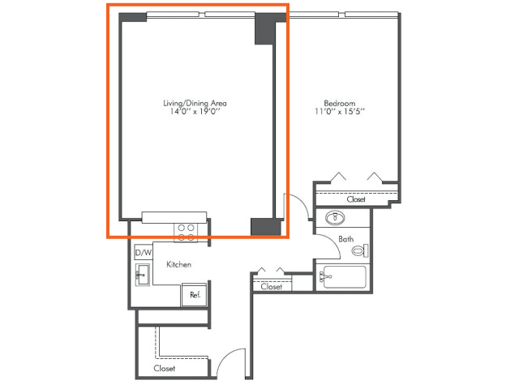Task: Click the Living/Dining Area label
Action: pos(195,103)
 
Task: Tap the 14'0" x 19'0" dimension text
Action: pos(195,112)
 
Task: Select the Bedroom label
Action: pos(340,103)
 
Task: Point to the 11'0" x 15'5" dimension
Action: pos(340,112)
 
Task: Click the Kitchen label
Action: pos(178,264)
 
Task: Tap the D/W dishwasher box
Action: pos(143,253)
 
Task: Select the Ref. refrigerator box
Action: pos(195,295)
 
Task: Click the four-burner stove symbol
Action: pos(186,233)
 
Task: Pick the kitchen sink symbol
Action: pos(143,275)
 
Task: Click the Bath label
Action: pos(346,239)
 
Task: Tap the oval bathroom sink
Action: pos(335,218)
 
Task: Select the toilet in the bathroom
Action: pos(360,250)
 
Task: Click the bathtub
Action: pos(344,277)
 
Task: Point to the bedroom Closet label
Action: pos(356,199)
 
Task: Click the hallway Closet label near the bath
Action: pos(272,286)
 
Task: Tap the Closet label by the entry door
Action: pos(164,368)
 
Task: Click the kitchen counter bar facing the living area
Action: pos(174,217)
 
